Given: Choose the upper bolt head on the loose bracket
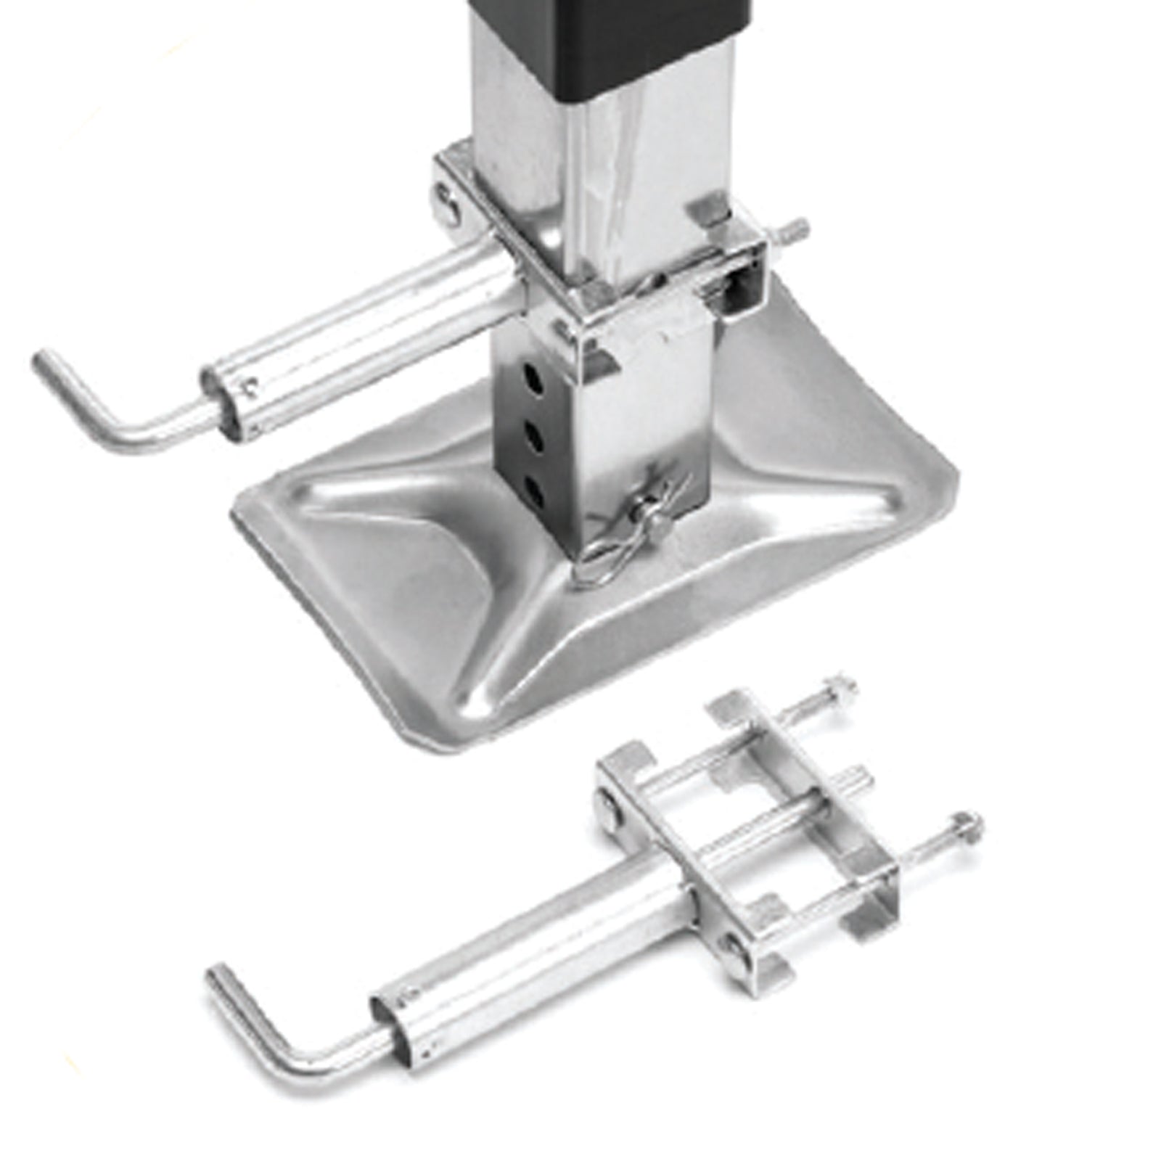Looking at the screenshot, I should click(x=610, y=809).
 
